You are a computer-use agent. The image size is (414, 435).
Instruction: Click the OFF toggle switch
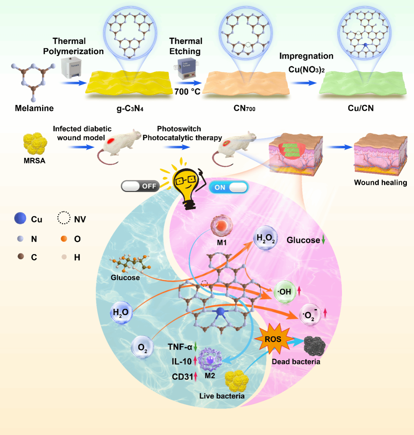(140, 186)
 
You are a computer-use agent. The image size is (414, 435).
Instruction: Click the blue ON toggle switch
(229, 187)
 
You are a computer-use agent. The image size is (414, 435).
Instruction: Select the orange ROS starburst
(273, 339)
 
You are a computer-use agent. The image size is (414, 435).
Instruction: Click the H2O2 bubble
(265, 238)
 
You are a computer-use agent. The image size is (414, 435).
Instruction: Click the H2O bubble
(121, 312)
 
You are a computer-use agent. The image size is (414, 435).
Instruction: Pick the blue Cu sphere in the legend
(20, 218)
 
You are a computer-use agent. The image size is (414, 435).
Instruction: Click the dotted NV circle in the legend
(64, 218)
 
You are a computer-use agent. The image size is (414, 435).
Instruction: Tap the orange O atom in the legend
(64, 239)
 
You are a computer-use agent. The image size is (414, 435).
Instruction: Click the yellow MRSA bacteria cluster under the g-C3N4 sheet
(35, 143)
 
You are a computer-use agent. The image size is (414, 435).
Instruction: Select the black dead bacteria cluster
(314, 346)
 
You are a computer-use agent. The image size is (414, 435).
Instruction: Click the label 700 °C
(187, 92)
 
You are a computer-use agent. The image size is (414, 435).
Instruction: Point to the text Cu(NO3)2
(306, 69)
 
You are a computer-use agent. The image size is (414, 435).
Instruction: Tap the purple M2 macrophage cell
(210, 360)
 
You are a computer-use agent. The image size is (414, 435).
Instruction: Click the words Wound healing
(380, 183)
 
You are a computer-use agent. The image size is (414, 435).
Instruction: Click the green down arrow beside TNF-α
(196, 347)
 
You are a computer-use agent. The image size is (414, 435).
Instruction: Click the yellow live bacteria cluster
(237, 381)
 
